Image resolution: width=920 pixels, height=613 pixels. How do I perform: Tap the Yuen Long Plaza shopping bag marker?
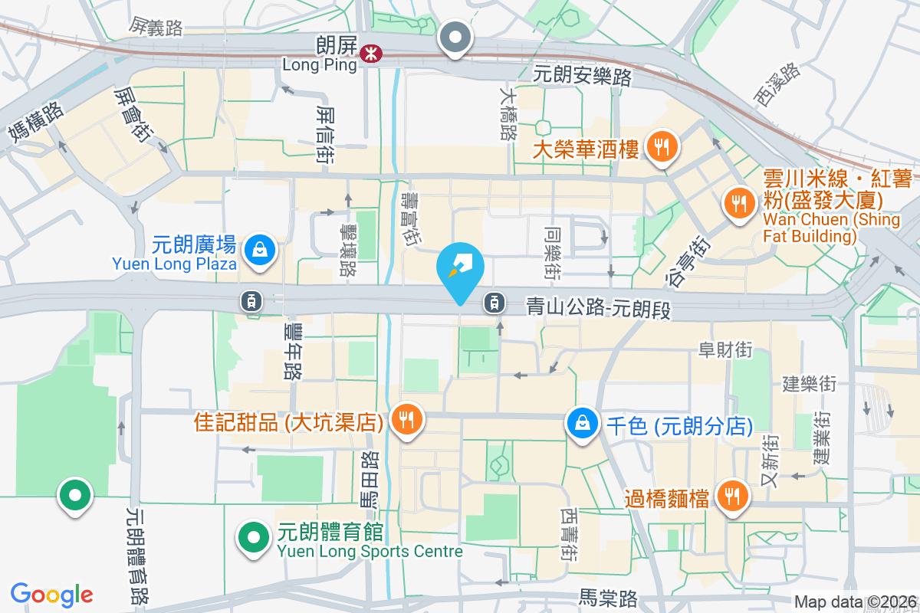tap(261, 250)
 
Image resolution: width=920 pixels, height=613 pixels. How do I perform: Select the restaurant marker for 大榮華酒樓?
tap(660, 146)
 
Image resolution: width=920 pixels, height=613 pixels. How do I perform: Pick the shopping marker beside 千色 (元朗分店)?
tap(583, 423)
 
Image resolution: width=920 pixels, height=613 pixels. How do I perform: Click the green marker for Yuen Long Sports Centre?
tap(254, 538)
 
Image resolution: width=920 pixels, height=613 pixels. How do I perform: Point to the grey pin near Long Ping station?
tap(456, 37)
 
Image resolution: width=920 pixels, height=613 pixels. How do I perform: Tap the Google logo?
tap(52, 594)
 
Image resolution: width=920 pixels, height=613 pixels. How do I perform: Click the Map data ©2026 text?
tap(855, 602)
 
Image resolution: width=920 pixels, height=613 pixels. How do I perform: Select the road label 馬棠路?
tap(608, 597)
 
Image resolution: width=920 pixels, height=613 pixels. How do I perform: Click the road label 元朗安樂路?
tap(583, 76)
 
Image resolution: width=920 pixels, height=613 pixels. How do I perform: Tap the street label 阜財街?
tap(724, 351)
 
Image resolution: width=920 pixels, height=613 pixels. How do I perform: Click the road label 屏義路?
tap(157, 28)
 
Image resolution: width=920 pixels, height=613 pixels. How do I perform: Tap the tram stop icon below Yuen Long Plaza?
tap(251, 301)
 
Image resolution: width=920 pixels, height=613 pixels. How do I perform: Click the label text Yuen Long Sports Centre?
tap(370, 552)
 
